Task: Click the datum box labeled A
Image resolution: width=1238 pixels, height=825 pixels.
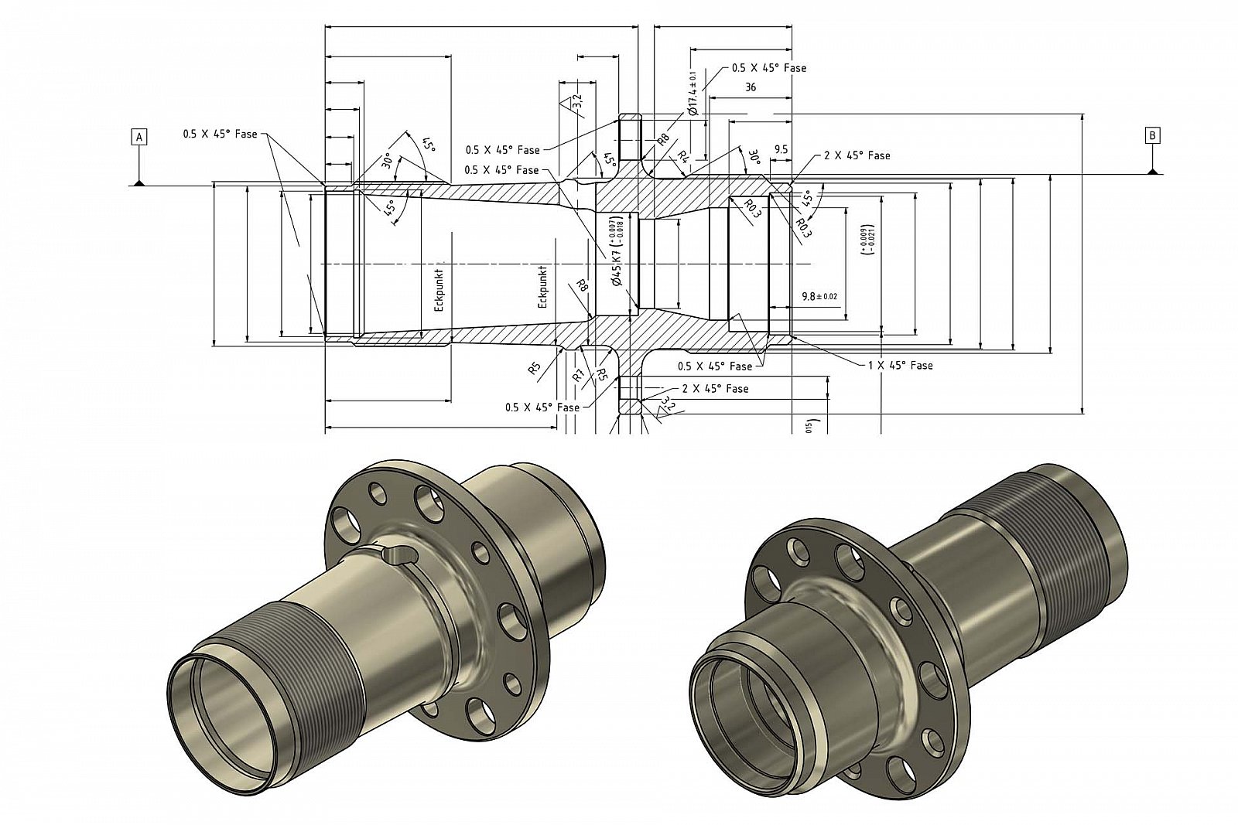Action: [x=139, y=137]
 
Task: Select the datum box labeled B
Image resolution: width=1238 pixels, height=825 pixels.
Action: [x=1153, y=135]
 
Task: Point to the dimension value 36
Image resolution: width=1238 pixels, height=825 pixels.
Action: [x=750, y=87]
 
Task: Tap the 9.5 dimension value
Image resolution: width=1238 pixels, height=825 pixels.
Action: [x=780, y=149]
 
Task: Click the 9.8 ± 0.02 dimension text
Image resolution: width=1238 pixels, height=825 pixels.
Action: [x=819, y=296]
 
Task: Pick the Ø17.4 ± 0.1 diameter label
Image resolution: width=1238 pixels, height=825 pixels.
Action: [x=693, y=94]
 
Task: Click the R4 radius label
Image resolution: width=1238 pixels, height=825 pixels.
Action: [x=682, y=155]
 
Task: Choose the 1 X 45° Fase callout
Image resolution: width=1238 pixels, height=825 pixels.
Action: [x=900, y=365]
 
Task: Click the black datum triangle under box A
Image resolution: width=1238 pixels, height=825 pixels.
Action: [x=139, y=182]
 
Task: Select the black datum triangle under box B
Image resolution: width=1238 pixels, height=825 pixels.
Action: [x=1153, y=171]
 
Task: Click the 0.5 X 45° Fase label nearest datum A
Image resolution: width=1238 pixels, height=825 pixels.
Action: [x=220, y=134]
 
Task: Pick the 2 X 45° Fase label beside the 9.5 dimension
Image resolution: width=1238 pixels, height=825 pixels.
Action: [x=857, y=155]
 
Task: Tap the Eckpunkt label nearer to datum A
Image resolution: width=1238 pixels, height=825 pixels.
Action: [x=439, y=289]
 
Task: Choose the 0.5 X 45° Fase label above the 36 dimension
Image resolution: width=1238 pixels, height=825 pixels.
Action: [x=769, y=68]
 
